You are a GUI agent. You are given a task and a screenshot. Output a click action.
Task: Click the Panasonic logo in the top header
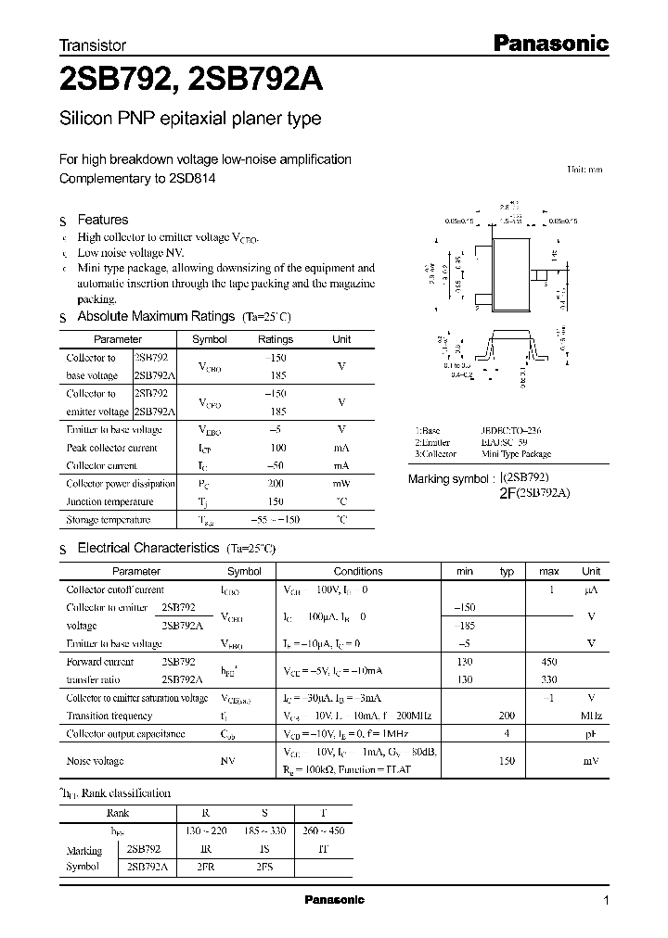[x=549, y=43]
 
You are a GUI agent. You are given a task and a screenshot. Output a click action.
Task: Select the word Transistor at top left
[x=93, y=44]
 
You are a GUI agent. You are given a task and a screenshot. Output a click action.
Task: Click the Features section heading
[x=102, y=220]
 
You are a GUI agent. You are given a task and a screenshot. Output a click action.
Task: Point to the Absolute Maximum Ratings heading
[x=155, y=316]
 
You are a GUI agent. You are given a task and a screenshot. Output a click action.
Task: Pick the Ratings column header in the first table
[x=275, y=339]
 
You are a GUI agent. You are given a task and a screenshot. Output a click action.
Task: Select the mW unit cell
[x=341, y=484]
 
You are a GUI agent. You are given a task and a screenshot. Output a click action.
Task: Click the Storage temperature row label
[x=108, y=520]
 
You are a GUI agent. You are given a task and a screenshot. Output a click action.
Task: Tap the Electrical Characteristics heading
[x=148, y=548]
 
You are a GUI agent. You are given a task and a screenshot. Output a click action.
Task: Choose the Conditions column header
[x=357, y=571]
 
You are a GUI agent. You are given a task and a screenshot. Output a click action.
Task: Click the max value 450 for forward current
[x=549, y=662]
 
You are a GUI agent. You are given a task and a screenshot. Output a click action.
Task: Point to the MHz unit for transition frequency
[x=591, y=716]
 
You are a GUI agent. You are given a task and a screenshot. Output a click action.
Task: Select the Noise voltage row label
[x=95, y=761]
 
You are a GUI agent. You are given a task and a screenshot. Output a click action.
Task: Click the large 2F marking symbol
[x=506, y=493]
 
